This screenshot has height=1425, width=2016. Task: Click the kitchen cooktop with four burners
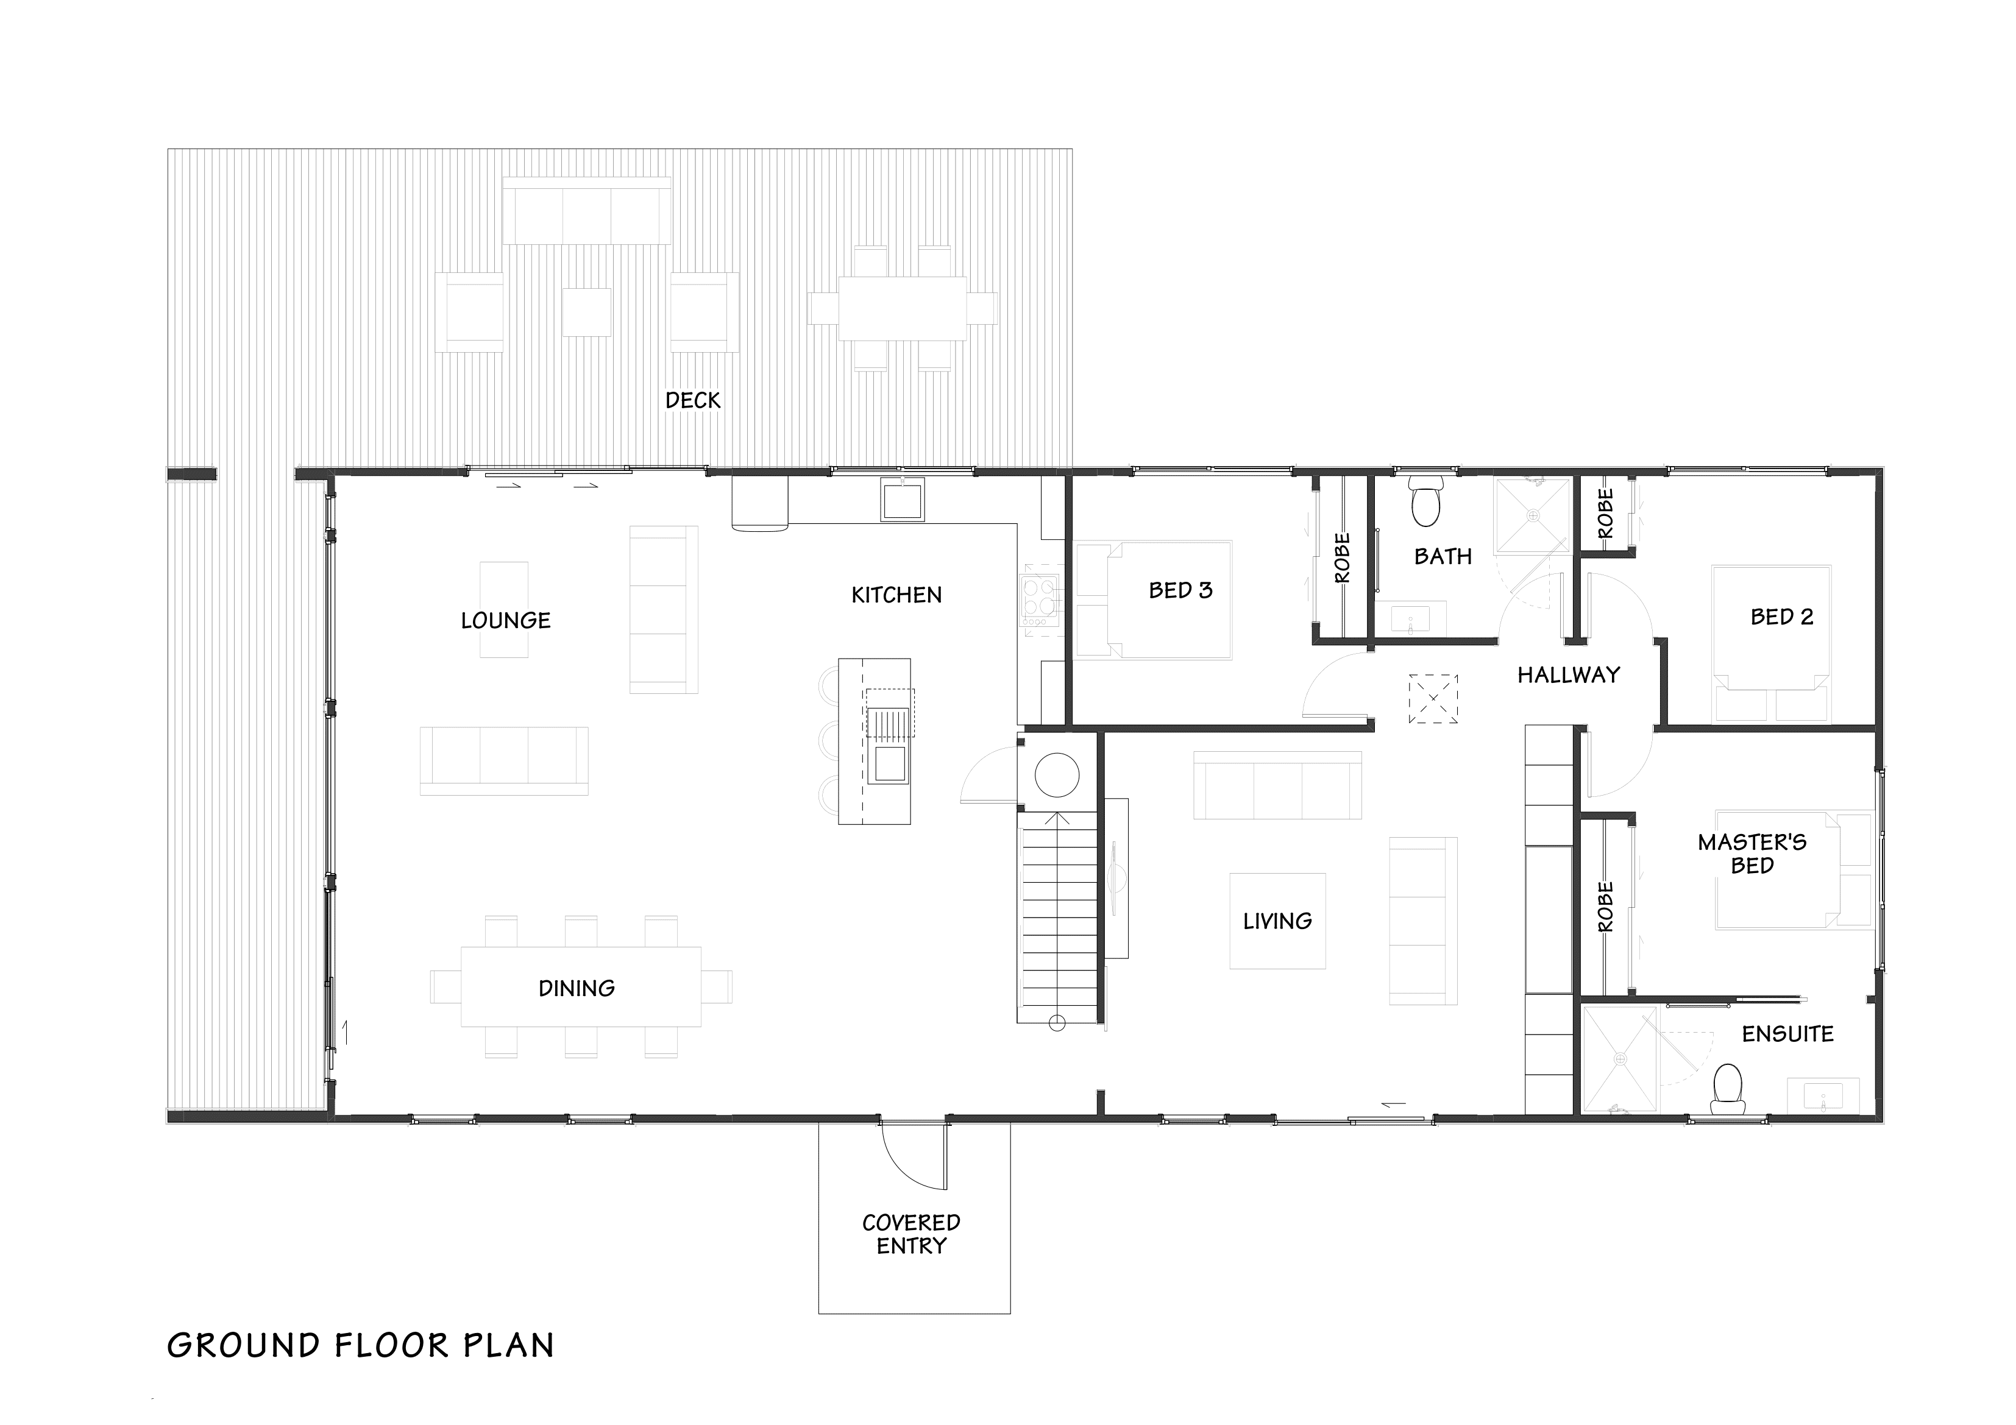click(1040, 601)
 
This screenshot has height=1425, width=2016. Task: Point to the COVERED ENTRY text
click(912, 1234)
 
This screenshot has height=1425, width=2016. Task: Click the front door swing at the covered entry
click(913, 1154)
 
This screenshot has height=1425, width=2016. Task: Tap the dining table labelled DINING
click(580, 987)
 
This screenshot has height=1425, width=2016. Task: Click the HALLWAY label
click(1568, 675)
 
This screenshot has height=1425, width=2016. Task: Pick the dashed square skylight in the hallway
click(1433, 699)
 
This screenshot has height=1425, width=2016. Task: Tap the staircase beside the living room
click(1057, 913)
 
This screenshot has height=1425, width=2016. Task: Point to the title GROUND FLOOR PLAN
click(360, 1346)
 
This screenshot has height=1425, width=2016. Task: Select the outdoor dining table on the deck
click(903, 308)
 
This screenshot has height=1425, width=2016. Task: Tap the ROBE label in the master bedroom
click(1605, 907)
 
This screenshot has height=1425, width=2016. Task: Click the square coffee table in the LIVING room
click(1277, 921)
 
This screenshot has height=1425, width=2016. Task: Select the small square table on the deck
click(586, 313)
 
